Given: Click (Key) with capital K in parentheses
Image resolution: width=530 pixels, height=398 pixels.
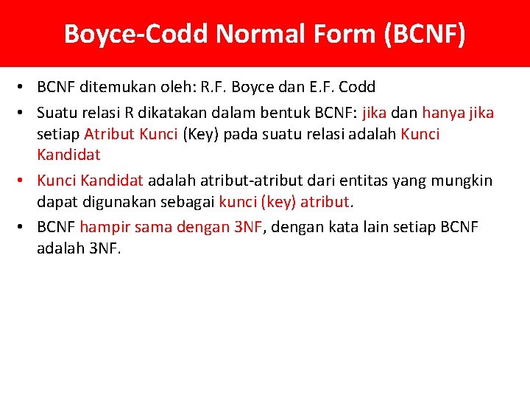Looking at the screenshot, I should tap(198, 134).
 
